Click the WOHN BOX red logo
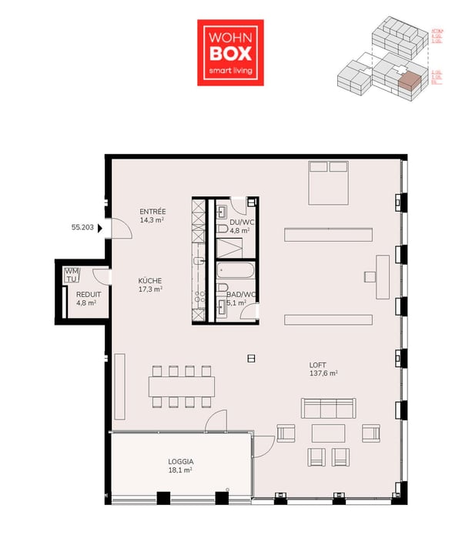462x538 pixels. tap(230, 52)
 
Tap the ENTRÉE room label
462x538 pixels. tap(152, 216)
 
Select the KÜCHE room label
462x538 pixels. tap(150, 285)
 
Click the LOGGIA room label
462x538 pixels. tap(180, 466)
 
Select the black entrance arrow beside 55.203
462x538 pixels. tap(102, 228)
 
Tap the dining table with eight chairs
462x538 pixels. tap(181, 386)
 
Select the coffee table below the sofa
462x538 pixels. tap(328, 432)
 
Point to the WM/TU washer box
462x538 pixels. tap(72, 275)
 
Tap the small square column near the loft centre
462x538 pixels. tap(251, 358)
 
